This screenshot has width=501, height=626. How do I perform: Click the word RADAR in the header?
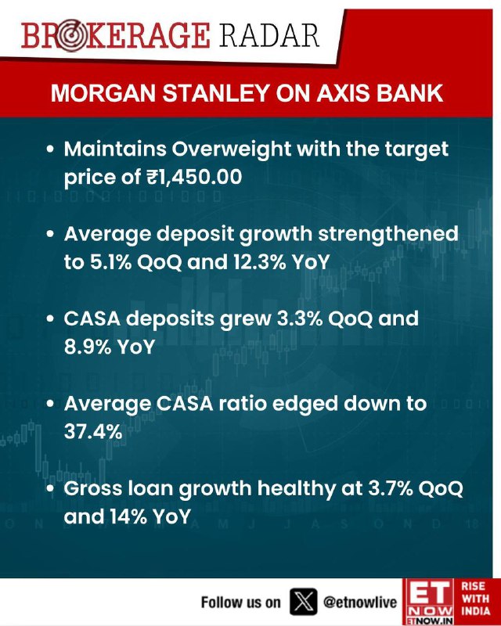(x=269, y=35)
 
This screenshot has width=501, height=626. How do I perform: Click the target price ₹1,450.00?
(x=194, y=177)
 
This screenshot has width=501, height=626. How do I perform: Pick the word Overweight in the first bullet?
(x=232, y=149)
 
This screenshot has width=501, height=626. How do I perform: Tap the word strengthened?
(x=388, y=234)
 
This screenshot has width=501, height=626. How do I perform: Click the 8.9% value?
(x=88, y=347)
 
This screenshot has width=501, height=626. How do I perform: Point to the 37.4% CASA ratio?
(x=93, y=432)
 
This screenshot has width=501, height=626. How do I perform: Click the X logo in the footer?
(x=303, y=601)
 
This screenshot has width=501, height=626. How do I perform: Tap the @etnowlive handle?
(x=360, y=602)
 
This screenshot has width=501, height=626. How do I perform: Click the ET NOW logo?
(x=428, y=602)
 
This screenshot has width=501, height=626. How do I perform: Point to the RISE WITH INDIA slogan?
(x=475, y=599)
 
